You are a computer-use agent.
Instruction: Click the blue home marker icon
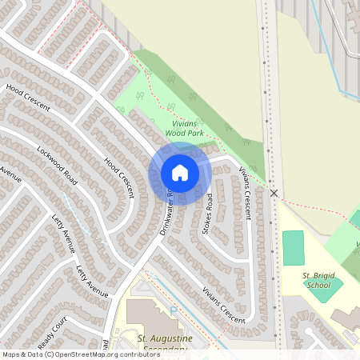[179, 172]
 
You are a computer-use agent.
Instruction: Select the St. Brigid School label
[317, 280]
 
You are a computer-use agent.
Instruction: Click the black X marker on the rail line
[274, 194]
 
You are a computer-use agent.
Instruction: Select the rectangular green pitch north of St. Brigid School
[294, 248]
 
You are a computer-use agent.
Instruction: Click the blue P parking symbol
[174, 309]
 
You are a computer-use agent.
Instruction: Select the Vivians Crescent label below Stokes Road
[224, 303]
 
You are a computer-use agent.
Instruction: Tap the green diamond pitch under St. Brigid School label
[325, 290]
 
